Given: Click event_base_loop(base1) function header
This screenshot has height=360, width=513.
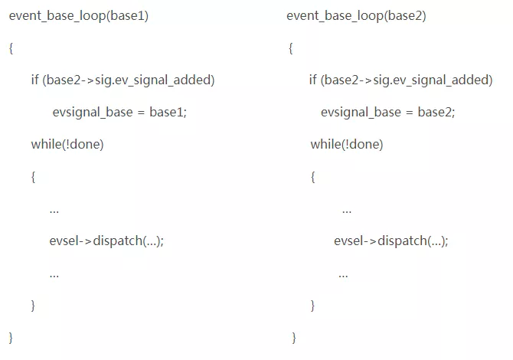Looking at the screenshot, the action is pyautogui.click(x=79, y=16).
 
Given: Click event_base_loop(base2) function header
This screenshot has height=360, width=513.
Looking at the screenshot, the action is pyautogui.click(x=356, y=16).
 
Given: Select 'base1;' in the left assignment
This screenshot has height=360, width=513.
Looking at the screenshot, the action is pyautogui.click(x=168, y=113).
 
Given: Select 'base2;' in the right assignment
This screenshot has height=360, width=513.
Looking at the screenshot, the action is pyautogui.click(x=436, y=113).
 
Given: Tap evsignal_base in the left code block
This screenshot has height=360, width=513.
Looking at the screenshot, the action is pyautogui.click(x=93, y=113).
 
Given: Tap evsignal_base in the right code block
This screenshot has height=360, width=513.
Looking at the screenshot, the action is pyautogui.click(x=361, y=113).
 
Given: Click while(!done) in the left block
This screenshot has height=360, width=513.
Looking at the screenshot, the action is pyautogui.click(x=67, y=144).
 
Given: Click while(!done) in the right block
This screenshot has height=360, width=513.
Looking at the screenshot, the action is pyautogui.click(x=347, y=144).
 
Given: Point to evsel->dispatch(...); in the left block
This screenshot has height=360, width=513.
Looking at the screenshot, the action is pyautogui.click(x=106, y=241).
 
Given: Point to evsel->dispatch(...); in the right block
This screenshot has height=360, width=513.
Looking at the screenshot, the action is pyautogui.click(x=391, y=241).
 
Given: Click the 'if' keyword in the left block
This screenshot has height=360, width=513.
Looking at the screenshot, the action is pyautogui.click(x=34, y=80).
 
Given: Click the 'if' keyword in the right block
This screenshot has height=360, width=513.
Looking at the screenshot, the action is pyautogui.click(x=312, y=80).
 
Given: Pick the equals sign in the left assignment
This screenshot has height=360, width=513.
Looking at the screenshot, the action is pyautogui.click(x=141, y=113).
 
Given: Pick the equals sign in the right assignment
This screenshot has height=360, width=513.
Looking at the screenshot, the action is pyautogui.click(x=410, y=113).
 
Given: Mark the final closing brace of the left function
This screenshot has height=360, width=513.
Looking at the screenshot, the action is pyautogui.click(x=11, y=338).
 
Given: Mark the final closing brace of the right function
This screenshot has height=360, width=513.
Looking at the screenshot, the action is pyautogui.click(x=294, y=338).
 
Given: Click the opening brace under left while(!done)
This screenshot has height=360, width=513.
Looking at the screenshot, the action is pyautogui.click(x=33, y=177).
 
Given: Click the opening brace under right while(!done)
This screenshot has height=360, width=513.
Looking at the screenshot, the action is pyautogui.click(x=312, y=177).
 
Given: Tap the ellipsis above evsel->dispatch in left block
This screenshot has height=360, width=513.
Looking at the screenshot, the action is pyautogui.click(x=54, y=212).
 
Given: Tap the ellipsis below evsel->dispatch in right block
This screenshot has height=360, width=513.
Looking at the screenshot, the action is pyautogui.click(x=343, y=277).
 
